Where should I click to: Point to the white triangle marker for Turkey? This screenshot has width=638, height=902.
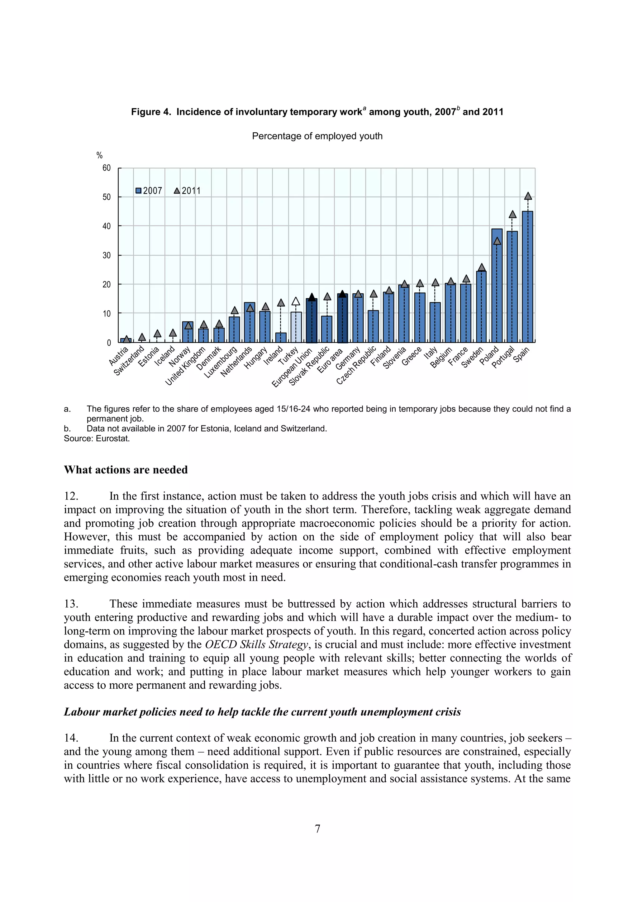pyautogui.click(x=296, y=301)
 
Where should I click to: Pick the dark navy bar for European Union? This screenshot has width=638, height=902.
pyautogui.click(x=312, y=320)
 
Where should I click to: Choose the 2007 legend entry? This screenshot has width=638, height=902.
pyautogui.click(x=149, y=191)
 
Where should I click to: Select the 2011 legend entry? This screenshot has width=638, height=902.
pyautogui.click(x=188, y=191)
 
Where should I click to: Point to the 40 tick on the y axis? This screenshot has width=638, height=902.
pyautogui.click(x=107, y=226)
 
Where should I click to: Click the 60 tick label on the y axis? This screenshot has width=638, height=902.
pyautogui.click(x=107, y=168)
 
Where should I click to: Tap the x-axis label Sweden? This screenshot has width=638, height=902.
pyautogui.click(x=472, y=358)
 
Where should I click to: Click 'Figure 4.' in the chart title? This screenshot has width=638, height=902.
pyautogui.click(x=151, y=112)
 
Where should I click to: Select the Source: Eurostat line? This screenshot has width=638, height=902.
pyautogui.click(x=97, y=439)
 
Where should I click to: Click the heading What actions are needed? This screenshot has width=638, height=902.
pyautogui.click(x=126, y=470)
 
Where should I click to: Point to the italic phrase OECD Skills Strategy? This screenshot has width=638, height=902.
pyautogui.click(x=256, y=644)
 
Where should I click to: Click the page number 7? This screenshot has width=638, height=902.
pyautogui.click(x=317, y=828)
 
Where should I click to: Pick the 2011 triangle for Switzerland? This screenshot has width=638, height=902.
pyautogui.click(x=142, y=337)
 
